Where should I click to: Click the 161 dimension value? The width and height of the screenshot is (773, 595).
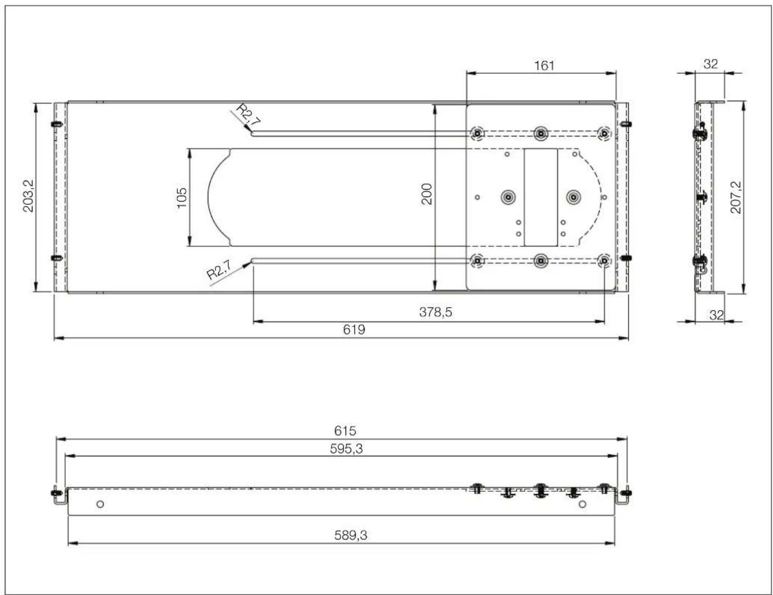click(544, 65)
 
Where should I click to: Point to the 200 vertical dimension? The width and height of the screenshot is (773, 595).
click(427, 194)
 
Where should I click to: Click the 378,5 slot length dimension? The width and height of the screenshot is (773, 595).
click(435, 313)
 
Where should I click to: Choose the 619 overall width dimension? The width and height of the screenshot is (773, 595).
click(354, 329)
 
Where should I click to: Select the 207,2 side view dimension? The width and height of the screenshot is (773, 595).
click(736, 197)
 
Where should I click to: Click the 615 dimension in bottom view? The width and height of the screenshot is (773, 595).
click(345, 431)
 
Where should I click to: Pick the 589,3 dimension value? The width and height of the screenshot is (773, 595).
click(351, 535)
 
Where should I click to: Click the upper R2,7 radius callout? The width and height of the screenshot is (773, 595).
click(247, 113)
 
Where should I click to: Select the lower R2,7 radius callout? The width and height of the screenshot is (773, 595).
click(218, 271)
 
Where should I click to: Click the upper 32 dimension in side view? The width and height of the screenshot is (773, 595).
click(710, 64)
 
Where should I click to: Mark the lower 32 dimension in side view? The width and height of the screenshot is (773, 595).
click(716, 315)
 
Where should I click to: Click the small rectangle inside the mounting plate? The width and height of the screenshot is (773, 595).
click(540, 197)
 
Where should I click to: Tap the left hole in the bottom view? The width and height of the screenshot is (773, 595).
click(100, 504)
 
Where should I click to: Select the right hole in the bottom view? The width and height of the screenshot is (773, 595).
click(582, 504)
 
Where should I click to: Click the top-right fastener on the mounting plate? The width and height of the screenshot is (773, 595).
click(604, 134)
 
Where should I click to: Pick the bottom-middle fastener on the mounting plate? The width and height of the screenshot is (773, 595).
click(540, 260)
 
